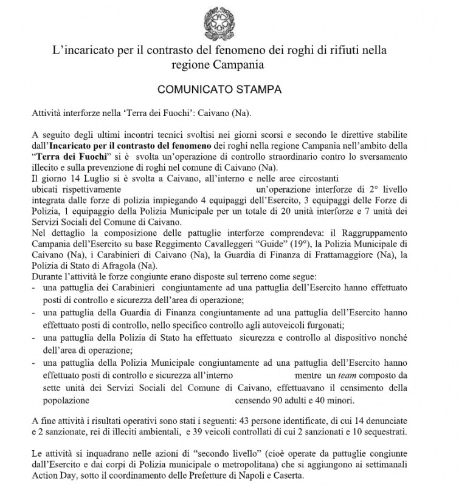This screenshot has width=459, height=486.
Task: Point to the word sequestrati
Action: click(x=392, y=432)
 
